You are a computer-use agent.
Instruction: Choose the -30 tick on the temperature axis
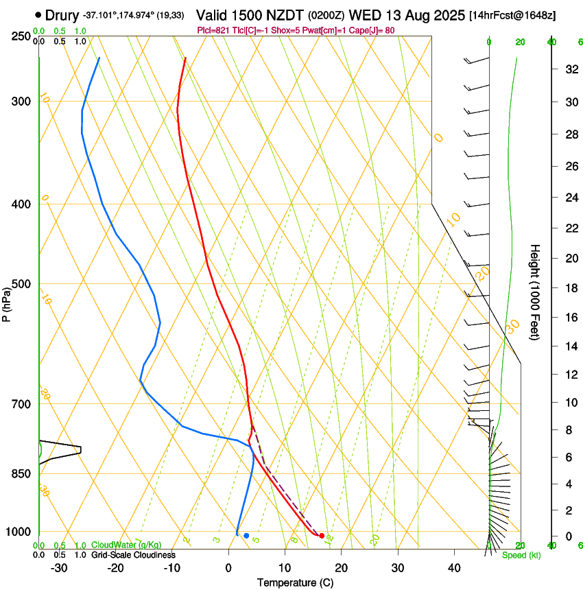(x=59, y=568)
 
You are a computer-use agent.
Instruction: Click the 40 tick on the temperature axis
(x=453, y=568)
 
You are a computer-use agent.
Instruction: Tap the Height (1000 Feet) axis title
(x=536, y=292)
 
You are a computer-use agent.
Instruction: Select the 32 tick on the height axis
(x=570, y=69)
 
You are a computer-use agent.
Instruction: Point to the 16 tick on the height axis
(x=570, y=317)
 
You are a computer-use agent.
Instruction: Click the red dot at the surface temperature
(x=322, y=535)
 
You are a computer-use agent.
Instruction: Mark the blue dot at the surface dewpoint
(x=246, y=535)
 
